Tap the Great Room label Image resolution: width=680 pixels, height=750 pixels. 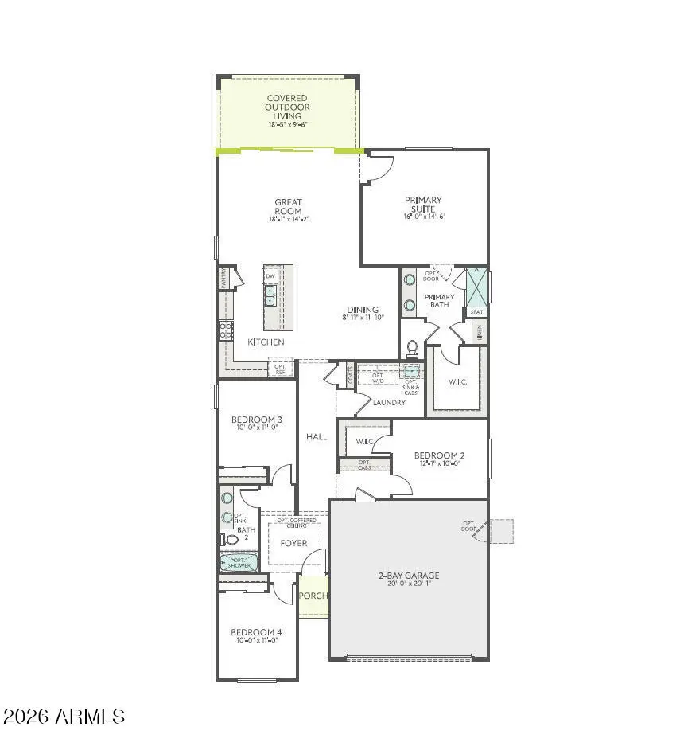click(x=288, y=207)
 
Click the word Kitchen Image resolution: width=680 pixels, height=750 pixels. click(x=266, y=342)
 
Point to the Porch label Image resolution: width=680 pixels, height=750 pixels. click(x=313, y=596)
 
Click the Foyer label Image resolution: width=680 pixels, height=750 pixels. click(x=293, y=543)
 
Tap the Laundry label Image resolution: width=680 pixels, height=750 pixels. click(x=389, y=403)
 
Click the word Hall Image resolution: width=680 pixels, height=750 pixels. click(x=317, y=436)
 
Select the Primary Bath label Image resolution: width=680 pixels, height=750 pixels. click(x=439, y=300)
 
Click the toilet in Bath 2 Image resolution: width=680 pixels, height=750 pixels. click(x=230, y=540)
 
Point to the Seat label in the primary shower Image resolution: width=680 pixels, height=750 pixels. click(x=476, y=312)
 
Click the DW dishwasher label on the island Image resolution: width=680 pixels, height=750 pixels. click(x=270, y=275)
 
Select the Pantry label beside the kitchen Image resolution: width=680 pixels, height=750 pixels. click(x=224, y=278)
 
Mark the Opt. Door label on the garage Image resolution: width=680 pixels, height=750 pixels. click(x=468, y=527)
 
